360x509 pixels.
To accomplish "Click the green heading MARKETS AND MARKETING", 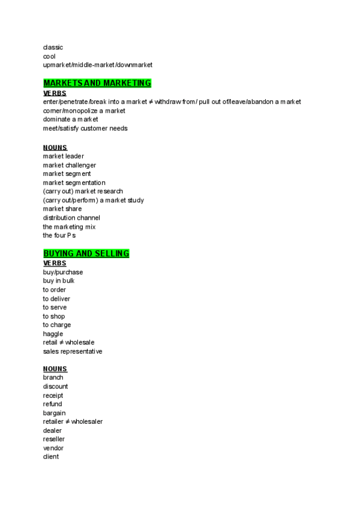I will click(x=97, y=83).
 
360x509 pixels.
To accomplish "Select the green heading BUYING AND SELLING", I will click(x=86, y=254).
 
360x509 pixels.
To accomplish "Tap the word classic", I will click(x=53, y=47).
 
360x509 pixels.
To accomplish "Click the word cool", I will click(x=49, y=56).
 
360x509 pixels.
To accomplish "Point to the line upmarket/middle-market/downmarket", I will click(x=98, y=65).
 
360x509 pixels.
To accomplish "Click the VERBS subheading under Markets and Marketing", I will click(x=55, y=94).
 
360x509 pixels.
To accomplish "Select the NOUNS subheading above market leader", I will click(x=55, y=148).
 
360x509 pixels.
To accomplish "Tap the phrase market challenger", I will click(x=69, y=165).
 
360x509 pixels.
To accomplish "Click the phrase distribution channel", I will click(x=71, y=218).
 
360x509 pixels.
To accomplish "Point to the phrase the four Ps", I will click(x=59, y=235).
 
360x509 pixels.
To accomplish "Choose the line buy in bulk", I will click(x=58, y=281).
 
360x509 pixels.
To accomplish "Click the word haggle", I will click(x=53, y=334).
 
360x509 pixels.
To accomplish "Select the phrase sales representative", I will click(x=73, y=351).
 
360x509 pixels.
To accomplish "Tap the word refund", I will click(x=52, y=404).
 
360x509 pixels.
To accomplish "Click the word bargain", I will click(x=54, y=413).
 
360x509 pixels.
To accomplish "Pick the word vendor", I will click(x=53, y=448).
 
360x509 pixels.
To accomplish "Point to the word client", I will click(x=51, y=457).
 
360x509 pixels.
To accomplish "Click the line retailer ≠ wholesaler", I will click(x=73, y=421).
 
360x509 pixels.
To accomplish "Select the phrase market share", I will click(x=62, y=209).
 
